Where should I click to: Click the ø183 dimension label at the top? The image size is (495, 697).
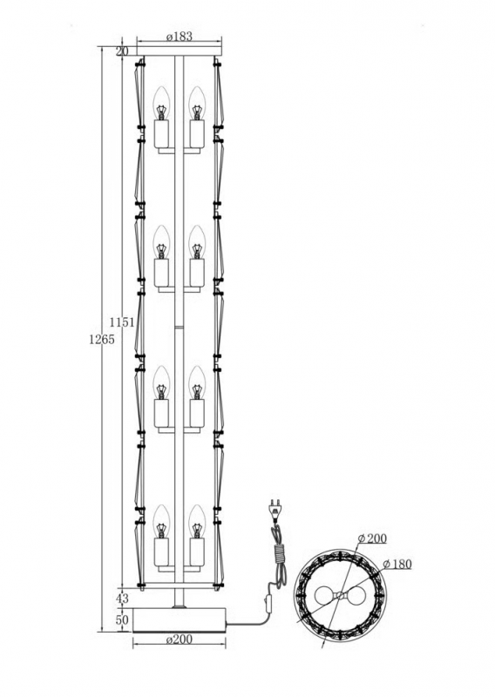[180, 37]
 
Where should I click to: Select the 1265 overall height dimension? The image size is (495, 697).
[102, 340]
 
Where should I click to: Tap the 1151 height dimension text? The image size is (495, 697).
[122, 322]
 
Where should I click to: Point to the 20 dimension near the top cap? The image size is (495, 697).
[122, 51]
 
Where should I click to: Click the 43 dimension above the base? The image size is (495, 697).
[122, 599]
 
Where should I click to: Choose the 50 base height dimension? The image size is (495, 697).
[122, 619]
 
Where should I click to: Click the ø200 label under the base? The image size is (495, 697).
[180, 639]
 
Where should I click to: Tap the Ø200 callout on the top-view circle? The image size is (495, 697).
[372, 538]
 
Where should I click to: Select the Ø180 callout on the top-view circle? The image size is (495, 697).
[397, 564]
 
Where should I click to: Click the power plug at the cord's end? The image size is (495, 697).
[275, 511]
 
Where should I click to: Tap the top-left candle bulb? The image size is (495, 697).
[161, 103]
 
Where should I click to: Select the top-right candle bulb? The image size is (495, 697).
[197, 103]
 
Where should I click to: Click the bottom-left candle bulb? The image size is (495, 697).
[161, 521]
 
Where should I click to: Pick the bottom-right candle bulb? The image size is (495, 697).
[197, 521]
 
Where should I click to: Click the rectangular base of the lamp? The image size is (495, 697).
[180, 619]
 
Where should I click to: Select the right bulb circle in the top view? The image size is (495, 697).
[357, 596]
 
